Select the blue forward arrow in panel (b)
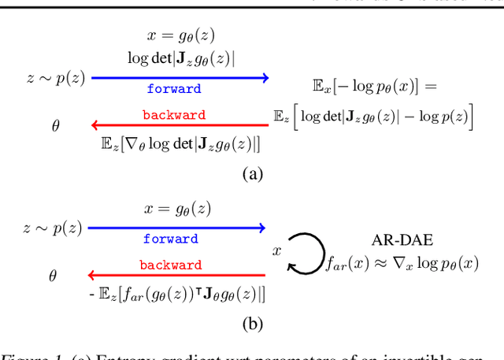coord(176,228)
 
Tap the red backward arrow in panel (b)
coord(176,275)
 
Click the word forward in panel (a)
coord(173,89)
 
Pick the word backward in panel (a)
coord(174,115)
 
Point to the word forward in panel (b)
coord(170,239)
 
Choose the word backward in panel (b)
coord(171,265)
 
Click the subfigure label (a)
coord(251,175)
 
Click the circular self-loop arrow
coord(305,253)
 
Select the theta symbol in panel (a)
coord(55,125)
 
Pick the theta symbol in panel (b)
coord(54,276)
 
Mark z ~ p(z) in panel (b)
coord(50,228)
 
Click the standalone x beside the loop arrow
coord(276,250)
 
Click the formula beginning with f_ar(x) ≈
coord(402,265)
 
